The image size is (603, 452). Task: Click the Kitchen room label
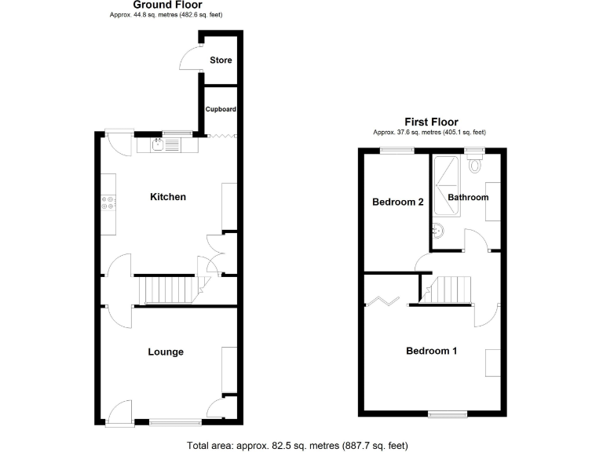168,196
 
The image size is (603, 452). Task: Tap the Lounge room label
166,352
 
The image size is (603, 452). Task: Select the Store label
221,60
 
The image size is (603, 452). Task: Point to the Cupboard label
221,109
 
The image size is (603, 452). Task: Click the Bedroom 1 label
431,351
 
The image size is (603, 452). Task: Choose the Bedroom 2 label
398,202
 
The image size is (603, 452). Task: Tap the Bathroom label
468,197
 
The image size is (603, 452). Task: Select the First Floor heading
431,122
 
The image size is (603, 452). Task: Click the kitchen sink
159,144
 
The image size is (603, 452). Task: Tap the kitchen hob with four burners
109,202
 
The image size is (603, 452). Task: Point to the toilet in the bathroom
473,163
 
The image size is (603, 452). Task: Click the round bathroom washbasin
437,231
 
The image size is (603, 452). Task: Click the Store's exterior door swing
191,60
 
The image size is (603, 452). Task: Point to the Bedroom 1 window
447,414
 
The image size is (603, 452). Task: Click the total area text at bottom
298,446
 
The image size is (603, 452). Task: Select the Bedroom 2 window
397,151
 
